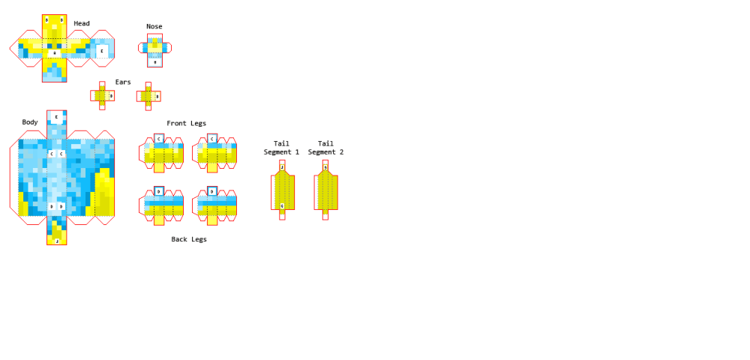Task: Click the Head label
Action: coord(82,23)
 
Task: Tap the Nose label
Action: coord(154,26)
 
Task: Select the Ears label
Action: coord(123,82)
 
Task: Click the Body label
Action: coord(30,121)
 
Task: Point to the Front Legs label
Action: coord(186,123)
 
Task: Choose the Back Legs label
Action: coord(189,239)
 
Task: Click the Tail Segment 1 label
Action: coord(281,148)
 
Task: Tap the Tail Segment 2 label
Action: coord(325,148)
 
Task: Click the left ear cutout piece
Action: coord(103,96)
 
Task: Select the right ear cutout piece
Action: coord(148,96)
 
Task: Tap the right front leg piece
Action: coord(214,154)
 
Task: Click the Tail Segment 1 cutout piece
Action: coord(282,191)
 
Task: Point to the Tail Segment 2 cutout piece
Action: coord(325,191)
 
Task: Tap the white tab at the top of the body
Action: coord(56,118)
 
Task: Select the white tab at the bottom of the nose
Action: coord(154,62)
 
